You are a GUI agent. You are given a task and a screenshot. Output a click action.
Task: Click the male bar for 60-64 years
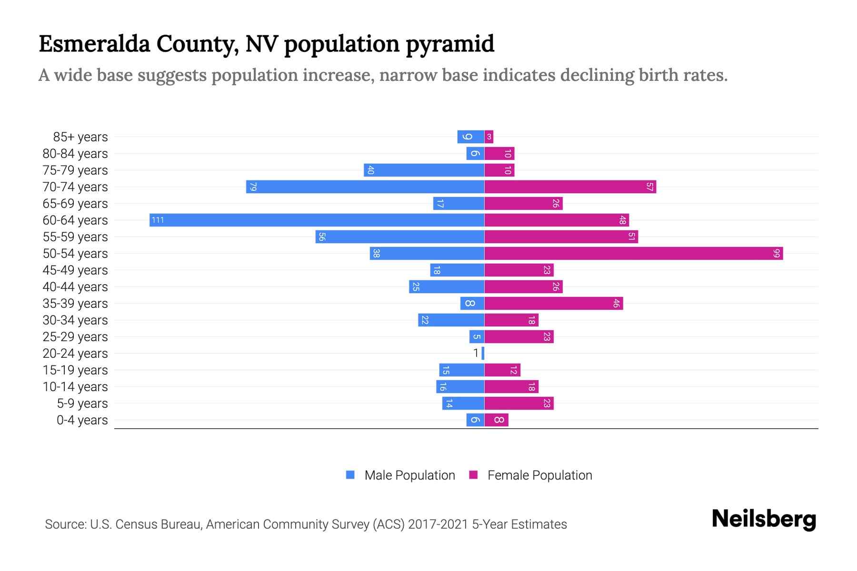pos(317,220)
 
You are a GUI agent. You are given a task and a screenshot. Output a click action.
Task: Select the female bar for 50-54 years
pos(633,253)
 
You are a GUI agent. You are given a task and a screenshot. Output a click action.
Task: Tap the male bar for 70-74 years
pos(365,187)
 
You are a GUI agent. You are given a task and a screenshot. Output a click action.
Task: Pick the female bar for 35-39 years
pos(553,303)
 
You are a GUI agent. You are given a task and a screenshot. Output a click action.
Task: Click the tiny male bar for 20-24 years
pos(483,353)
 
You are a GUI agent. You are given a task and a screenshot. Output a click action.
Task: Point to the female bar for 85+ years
pos(489,137)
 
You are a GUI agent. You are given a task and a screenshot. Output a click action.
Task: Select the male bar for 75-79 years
pos(424,170)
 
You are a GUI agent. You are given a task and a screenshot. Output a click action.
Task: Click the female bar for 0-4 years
pos(497,420)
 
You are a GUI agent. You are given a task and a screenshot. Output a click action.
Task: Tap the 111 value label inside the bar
pos(158,220)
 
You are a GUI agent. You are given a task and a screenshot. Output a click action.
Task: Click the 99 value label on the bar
pos(777,253)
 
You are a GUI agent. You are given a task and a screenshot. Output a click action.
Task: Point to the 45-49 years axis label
pos(75,270)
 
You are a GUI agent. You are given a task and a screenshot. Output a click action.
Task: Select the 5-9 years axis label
pos(82,404)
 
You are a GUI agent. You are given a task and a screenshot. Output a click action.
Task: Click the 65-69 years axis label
pos(75,204)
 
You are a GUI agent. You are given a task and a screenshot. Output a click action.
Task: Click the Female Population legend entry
pos(531,475)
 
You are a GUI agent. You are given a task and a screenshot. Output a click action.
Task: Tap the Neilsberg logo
pos(764,519)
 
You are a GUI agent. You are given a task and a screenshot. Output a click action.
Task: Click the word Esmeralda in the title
pos(94,44)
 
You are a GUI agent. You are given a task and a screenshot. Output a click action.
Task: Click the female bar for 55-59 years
pos(561,236)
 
